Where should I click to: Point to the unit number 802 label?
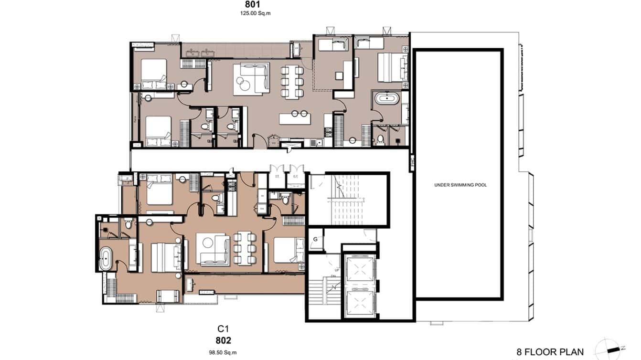point(223,340)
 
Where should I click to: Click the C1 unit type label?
point(223,329)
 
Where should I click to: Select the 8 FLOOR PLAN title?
point(550,352)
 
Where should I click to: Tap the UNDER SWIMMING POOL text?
point(460,185)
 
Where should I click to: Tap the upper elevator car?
point(358,270)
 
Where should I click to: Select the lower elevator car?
point(358,304)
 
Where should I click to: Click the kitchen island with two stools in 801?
point(299,116)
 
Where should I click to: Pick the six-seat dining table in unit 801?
point(292,82)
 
